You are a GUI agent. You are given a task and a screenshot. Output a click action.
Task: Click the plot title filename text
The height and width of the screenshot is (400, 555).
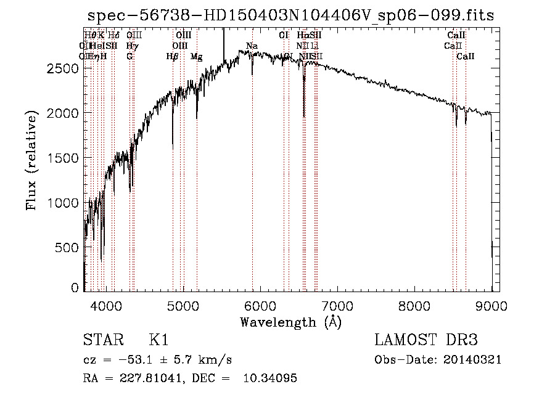(290, 15)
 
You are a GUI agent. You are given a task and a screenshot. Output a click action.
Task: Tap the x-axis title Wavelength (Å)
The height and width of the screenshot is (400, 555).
(290, 322)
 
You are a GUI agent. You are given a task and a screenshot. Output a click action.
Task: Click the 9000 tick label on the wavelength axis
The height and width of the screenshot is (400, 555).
(491, 305)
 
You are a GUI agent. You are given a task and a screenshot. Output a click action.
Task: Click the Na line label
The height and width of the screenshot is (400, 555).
(252, 46)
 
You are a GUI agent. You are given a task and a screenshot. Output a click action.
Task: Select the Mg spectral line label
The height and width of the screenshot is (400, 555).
(196, 57)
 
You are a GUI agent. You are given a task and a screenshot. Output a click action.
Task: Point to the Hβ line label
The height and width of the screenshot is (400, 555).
(172, 57)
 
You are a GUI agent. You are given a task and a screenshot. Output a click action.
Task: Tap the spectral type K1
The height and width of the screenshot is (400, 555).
(158, 340)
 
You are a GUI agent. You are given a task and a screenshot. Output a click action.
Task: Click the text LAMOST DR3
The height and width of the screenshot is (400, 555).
(426, 340)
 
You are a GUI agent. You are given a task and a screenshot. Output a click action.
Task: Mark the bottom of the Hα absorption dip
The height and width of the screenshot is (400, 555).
(303, 116)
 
